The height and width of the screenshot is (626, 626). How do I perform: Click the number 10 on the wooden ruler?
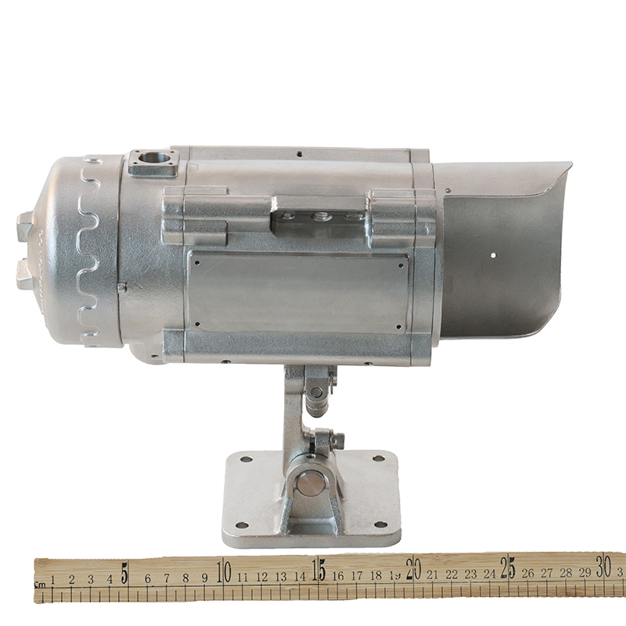pos(224,573)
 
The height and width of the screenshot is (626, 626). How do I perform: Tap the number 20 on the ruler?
pos(414,570)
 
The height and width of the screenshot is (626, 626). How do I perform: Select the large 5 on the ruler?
pos(125,574)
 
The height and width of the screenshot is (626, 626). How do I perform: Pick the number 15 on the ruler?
pos(319,571)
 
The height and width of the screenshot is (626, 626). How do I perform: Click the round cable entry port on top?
pos(153,157)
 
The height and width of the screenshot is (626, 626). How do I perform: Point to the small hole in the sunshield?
pos(493,255)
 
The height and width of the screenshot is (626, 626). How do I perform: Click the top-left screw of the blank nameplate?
pos(196,263)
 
